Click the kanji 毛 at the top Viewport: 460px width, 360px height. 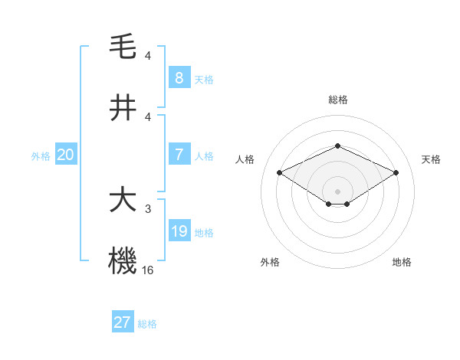tap(123, 47)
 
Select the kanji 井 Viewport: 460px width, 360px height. tap(123, 108)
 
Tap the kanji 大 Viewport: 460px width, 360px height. tap(123, 200)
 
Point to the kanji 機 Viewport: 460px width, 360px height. tap(123, 261)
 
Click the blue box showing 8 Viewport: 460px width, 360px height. tap(179, 78)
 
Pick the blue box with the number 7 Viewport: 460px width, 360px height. tap(179, 155)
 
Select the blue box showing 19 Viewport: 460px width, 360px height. tap(179, 231)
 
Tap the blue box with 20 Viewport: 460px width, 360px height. tap(66, 155)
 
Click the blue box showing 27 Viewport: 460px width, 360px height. tap(122, 322)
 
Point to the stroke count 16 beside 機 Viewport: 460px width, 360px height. tap(149, 270)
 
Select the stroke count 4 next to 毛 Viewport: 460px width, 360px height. tap(148, 56)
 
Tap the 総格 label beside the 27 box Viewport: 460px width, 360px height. tap(147, 324)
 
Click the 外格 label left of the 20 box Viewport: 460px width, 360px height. tap(41, 155)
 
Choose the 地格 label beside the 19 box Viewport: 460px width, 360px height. tap(204, 233)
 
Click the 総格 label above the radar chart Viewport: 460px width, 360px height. tap(337, 100)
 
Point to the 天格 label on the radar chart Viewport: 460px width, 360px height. tap(431, 159)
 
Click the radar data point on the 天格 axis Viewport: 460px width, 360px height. tap(396, 172)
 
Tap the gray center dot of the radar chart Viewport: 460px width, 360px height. tap(337, 191)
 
